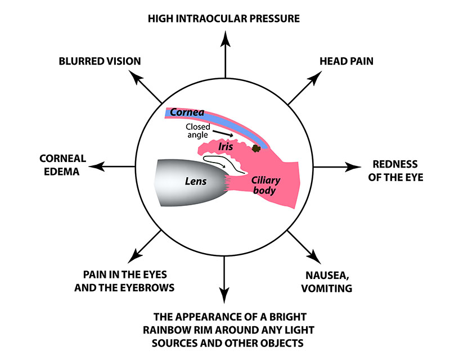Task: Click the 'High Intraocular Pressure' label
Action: tap(224, 19)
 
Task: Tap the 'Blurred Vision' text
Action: tap(100, 61)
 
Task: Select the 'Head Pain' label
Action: tap(346, 61)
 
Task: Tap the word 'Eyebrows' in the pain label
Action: tap(145, 287)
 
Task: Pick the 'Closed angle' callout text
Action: tap(197, 131)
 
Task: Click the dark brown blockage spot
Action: tap(256, 148)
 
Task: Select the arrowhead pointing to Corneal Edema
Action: tap(97, 166)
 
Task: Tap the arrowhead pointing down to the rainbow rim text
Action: tap(224, 295)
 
